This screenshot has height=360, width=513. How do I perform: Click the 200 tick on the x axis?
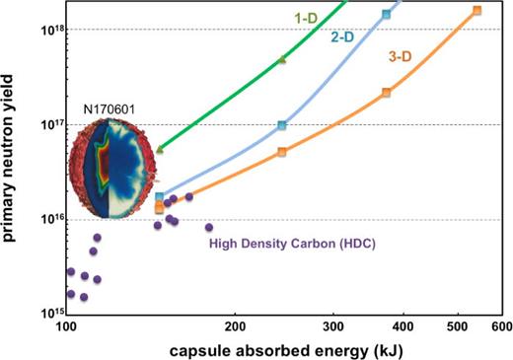[235, 324]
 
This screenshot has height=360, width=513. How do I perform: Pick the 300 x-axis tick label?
[333, 324]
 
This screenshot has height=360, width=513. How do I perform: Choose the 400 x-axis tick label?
[403, 324]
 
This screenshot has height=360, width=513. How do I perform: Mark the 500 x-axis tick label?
[458, 324]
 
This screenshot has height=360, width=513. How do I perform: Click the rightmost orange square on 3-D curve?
[476, 11]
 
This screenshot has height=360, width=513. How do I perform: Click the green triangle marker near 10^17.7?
[281, 60]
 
